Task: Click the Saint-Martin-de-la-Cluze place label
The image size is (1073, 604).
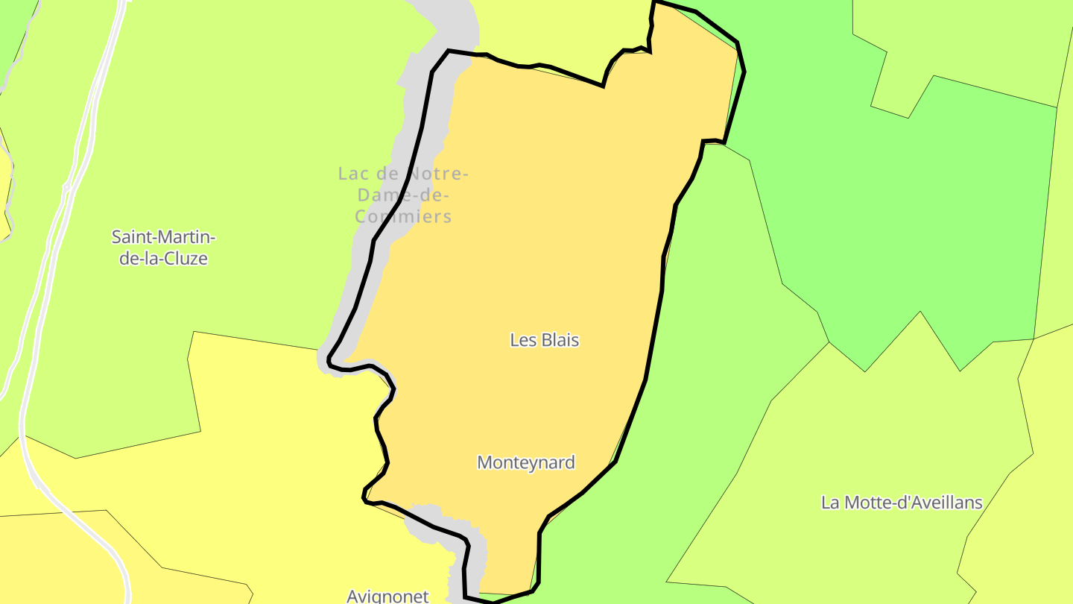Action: (163, 248)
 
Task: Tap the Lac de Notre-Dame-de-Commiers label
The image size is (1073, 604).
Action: (403, 195)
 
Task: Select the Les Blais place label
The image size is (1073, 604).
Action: (544, 340)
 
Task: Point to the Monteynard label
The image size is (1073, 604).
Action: (526, 462)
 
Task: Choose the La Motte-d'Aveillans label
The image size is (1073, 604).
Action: (902, 503)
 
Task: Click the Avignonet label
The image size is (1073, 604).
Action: (387, 596)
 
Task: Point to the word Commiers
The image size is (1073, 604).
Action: (403, 217)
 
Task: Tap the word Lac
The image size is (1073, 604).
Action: (353, 174)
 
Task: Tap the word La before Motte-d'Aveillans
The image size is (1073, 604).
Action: (829, 503)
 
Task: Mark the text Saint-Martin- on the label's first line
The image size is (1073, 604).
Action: (163, 237)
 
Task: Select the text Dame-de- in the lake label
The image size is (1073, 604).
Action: (403, 195)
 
